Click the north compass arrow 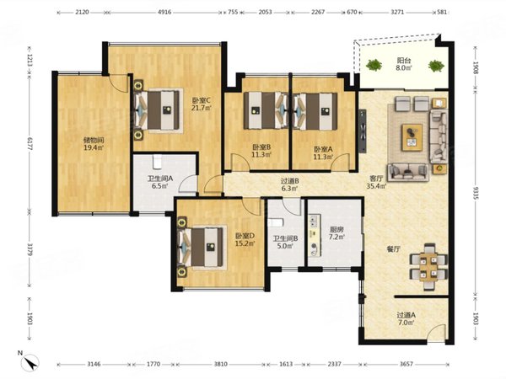(30, 362)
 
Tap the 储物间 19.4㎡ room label (94, 144)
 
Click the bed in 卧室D (202, 247)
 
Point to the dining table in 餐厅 (428, 266)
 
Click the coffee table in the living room (412, 137)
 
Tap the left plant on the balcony (374, 65)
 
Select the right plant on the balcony (436, 66)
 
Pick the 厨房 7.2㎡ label (336, 233)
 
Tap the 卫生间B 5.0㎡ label (285, 243)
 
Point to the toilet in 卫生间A (157, 162)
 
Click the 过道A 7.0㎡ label (406, 318)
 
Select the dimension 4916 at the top (164, 13)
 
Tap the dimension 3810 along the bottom (220, 364)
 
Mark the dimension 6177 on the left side (30, 142)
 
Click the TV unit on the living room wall (363, 131)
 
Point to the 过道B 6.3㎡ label (289, 185)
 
